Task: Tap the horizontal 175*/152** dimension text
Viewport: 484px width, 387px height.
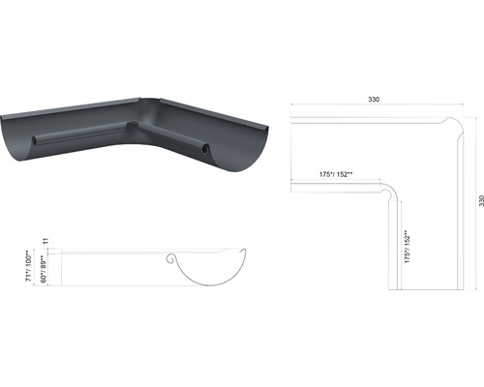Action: click(x=336, y=174)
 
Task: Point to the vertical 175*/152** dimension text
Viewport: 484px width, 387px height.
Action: click(x=408, y=247)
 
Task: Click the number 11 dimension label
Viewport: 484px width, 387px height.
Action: click(x=45, y=241)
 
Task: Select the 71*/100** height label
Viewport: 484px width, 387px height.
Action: click(x=29, y=266)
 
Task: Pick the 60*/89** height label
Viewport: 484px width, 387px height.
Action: click(x=44, y=269)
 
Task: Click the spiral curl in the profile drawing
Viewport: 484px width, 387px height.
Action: click(x=171, y=258)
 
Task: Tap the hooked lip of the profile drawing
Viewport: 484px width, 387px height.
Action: click(x=243, y=252)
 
